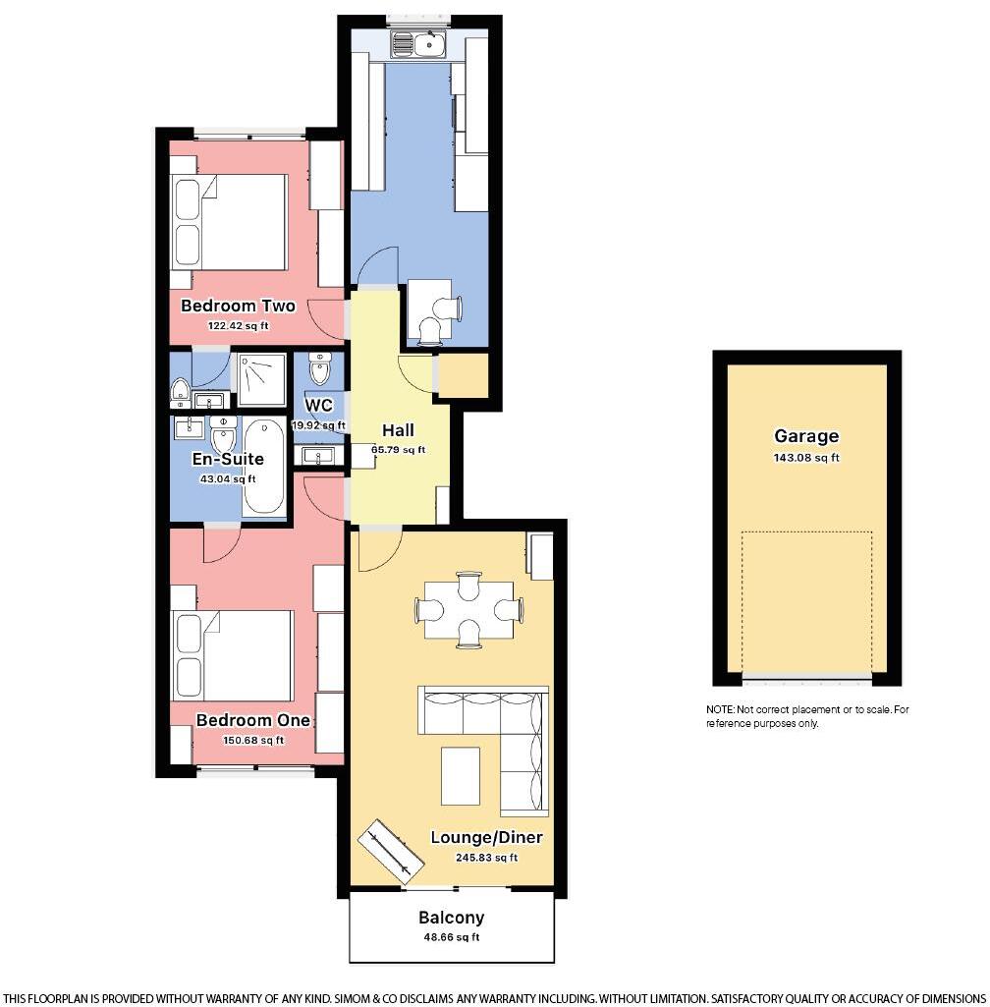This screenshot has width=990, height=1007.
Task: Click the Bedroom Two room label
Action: (x=238, y=306)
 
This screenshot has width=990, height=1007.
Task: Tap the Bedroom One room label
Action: (x=253, y=720)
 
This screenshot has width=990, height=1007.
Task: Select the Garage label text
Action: (x=806, y=436)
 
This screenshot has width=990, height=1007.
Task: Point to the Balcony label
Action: (x=451, y=918)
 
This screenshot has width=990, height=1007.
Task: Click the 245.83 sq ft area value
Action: (x=487, y=858)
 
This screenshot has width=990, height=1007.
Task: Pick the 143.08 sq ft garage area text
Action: (x=806, y=457)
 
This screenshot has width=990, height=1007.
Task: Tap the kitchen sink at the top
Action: (x=418, y=43)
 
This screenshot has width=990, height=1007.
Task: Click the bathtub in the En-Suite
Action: (x=263, y=468)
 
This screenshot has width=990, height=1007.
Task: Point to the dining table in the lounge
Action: (x=469, y=609)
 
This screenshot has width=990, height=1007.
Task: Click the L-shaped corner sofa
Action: (x=491, y=732)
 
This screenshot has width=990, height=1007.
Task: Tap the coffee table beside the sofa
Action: (x=460, y=776)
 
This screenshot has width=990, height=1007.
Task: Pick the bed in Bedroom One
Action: (x=232, y=655)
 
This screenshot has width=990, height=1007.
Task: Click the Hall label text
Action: (x=398, y=430)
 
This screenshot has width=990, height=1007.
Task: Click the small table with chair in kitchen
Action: (x=428, y=305)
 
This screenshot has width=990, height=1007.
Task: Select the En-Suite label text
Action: (x=228, y=459)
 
